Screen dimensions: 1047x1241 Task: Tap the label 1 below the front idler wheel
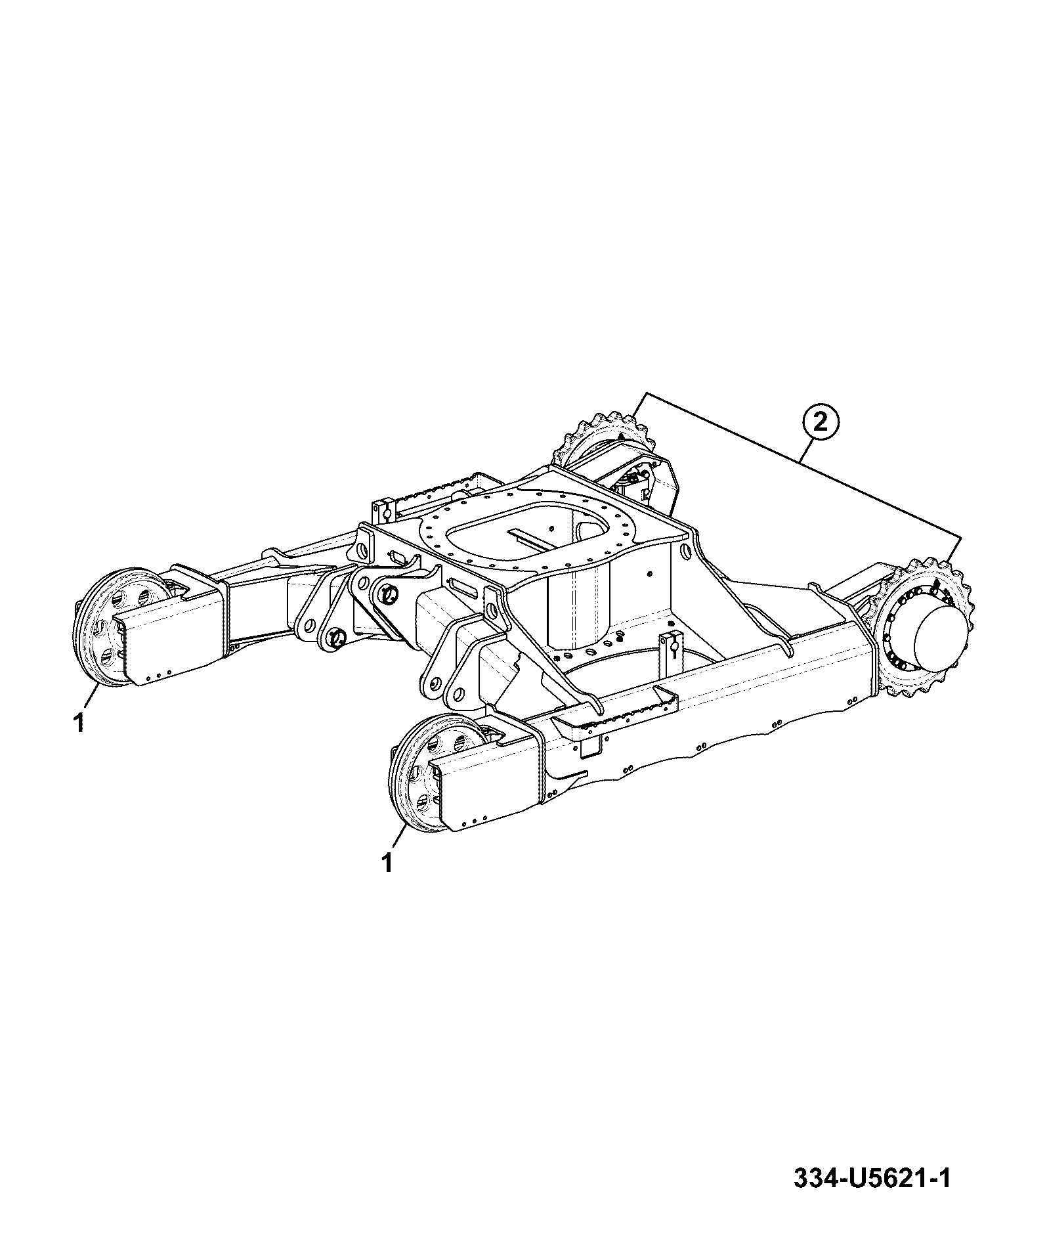[388, 862]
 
